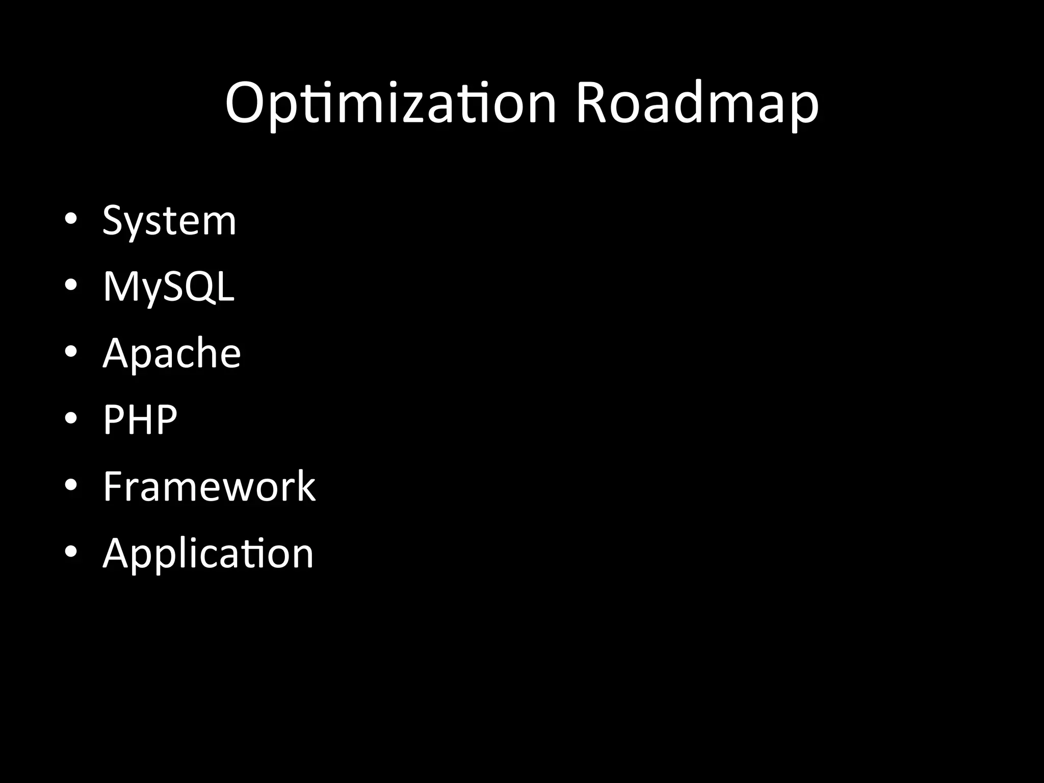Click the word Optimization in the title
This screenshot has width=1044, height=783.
(x=390, y=104)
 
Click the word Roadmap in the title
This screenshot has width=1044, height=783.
(x=697, y=104)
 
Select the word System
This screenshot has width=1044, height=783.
(x=169, y=221)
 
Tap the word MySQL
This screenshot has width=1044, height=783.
(x=169, y=287)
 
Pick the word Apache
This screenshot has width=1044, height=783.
(x=172, y=353)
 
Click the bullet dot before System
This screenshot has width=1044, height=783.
(x=71, y=219)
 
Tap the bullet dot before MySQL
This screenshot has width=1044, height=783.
(x=71, y=285)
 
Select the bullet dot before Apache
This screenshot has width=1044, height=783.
(x=71, y=352)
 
